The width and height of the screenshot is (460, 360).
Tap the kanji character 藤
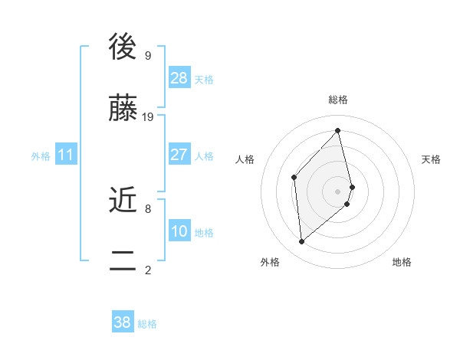click(x=123, y=110)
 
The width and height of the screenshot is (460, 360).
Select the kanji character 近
click(x=123, y=200)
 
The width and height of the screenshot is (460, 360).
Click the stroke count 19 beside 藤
click(x=148, y=117)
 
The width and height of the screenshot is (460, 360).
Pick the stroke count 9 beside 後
click(x=147, y=55)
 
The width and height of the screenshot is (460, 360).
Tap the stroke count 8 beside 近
click(x=147, y=208)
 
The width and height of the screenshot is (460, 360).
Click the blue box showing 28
click(x=179, y=77)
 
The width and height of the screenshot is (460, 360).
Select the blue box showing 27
click(x=179, y=155)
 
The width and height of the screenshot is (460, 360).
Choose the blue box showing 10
click(x=179, y=231)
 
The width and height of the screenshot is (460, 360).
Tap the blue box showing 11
click(x=65, y=155)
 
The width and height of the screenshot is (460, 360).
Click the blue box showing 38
click(x=123, y=322)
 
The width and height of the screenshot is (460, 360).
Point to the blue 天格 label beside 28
click(x=204, y=79)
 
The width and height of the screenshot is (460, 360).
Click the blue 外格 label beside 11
click(x=41, y=156)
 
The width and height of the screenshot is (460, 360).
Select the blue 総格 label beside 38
click(x=147, y=324)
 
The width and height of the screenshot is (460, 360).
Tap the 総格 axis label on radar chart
click(x=338, y=100)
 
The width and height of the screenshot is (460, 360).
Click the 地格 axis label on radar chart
click(x=402, y=262)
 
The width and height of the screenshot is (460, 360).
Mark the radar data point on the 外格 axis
click(x=301, y=242)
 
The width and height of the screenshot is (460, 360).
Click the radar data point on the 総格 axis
click(x=338, y=130)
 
